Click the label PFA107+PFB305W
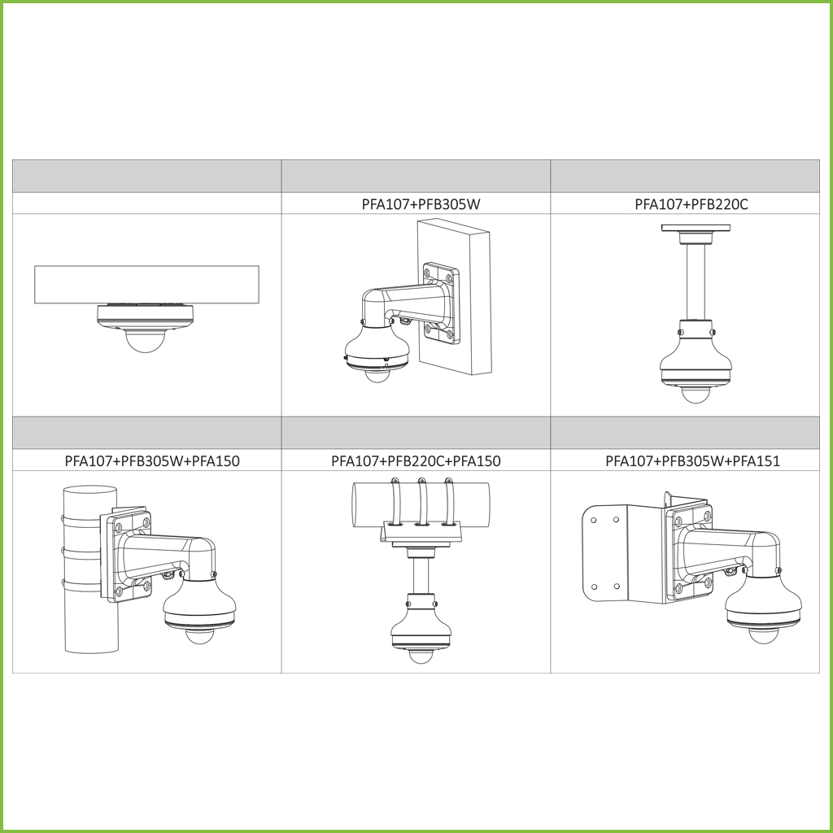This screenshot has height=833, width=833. pyautogui.click(x=421, y=204)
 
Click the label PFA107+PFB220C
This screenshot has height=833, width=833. pyautogui.click(x=691, y=204)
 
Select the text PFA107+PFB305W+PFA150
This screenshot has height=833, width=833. pyautogui.click(x=152, y=460)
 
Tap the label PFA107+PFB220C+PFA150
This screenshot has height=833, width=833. pyautogui.click(x=416, y=460)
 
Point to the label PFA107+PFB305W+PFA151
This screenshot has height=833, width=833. pyautogui.click(x=693, y=460)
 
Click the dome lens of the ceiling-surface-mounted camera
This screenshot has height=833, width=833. pyautogui.click(x=145, y=341)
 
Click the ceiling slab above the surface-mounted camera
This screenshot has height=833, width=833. pyautogui.click(x=146, y=285)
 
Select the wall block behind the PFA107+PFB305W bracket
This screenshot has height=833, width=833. pyautogui.click(x=455, y=297)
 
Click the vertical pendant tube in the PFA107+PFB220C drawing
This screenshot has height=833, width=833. pyautogui.click(x=696, y=281)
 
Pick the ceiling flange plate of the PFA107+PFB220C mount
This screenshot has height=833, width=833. pyautogui.click(x=696, y=228)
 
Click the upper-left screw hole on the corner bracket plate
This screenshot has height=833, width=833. pyautogui.click(x=593, y=520)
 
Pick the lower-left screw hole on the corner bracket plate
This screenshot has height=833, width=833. pyautogui.click(x=594, y=587)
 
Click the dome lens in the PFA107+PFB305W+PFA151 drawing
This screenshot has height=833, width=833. pyautogui.click(x=763, y=635)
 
